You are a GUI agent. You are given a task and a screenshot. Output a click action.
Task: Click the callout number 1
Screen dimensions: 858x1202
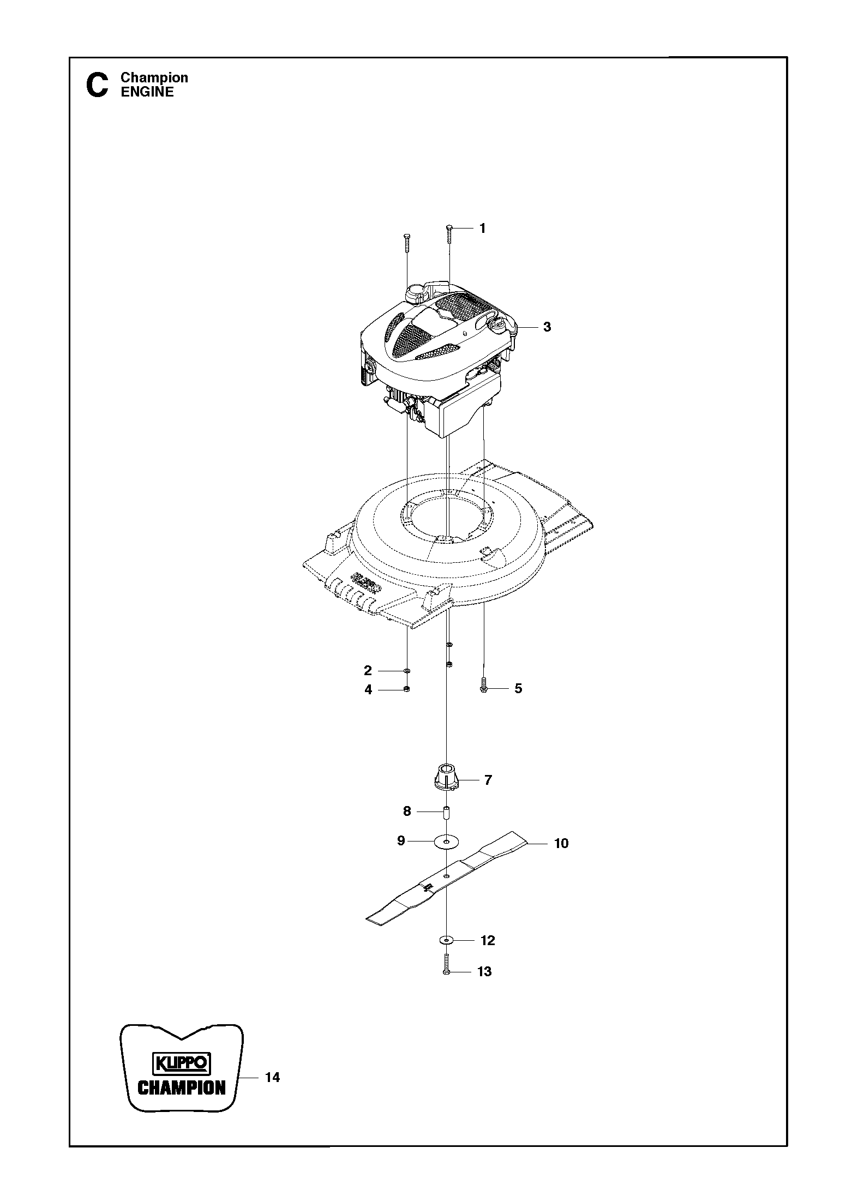point(482,229)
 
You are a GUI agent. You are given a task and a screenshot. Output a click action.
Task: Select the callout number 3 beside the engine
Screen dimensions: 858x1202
point(547,327)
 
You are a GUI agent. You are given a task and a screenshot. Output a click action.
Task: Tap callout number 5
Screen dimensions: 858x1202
point(518,688)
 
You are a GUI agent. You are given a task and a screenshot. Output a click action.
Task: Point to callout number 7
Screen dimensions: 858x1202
point(488,780)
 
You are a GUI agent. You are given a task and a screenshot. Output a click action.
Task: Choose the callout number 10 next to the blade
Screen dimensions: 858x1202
point(561,843)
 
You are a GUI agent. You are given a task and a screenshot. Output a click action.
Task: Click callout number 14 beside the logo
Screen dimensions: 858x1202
point(272,1077)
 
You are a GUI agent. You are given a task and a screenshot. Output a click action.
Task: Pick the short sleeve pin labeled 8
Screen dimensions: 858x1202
point(446,814)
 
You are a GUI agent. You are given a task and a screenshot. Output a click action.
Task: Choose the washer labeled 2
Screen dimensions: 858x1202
point(407,670)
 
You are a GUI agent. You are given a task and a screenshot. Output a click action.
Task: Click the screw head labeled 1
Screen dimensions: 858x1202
point(449,227)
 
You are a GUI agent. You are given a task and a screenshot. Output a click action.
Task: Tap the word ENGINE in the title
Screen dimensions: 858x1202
point(147,92)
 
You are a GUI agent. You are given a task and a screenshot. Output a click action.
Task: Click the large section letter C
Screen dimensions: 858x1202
point(98,86)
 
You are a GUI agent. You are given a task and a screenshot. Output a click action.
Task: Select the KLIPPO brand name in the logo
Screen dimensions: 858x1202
point(181,1063)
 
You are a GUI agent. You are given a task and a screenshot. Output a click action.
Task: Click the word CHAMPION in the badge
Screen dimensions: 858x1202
point(182,1089)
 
